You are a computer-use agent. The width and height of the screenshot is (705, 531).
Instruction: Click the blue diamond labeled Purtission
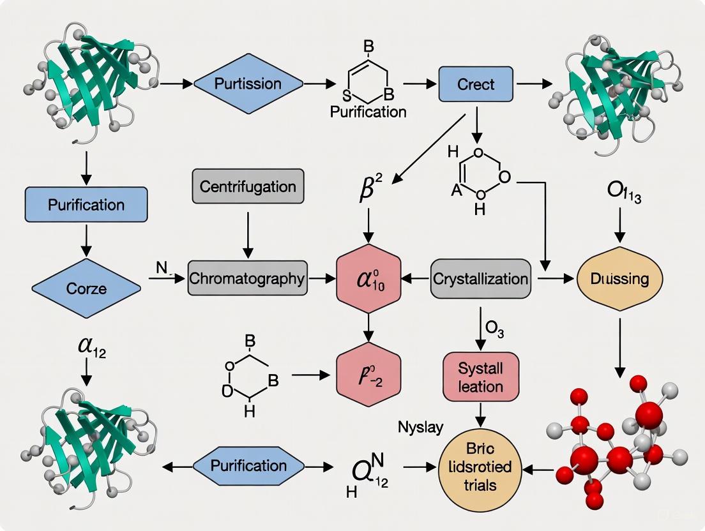(x=248, y=84)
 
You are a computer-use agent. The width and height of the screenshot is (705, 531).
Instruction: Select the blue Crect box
(x=476, y=84)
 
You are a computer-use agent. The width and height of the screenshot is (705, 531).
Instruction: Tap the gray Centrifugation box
(x=248, y=187)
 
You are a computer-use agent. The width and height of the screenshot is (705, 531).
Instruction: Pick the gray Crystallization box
(x=480, y=279)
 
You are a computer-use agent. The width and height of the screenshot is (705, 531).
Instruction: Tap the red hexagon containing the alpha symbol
(x=368, y=279)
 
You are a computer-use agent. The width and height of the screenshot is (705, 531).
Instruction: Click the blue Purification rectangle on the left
(x=86, y=205)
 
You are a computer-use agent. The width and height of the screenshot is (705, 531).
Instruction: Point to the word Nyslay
(x=420, y=427)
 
